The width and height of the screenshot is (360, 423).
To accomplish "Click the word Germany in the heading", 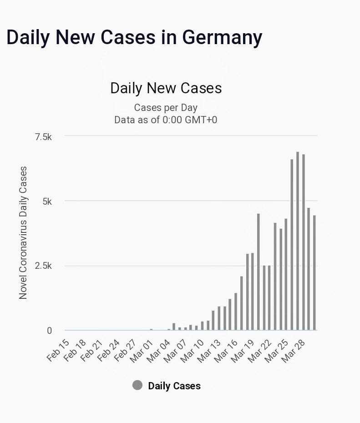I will coord(222,37).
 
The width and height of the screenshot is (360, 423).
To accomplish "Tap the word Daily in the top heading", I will coord(28,37).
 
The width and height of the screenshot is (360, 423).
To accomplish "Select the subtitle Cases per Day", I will coord(166,108).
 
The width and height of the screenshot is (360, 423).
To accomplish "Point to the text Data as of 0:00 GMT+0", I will coord(166,120).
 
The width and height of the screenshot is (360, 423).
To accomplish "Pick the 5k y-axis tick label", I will coord(47,201).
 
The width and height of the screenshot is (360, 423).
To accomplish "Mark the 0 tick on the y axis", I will coord(50,331).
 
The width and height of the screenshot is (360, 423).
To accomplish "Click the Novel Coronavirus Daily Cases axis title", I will coord(23,232).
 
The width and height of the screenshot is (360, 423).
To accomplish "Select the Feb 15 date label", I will coord(58,349).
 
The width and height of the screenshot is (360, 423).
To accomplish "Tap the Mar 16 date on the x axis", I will coord(226,349).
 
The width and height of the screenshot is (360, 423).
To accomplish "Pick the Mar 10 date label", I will coord(192,349).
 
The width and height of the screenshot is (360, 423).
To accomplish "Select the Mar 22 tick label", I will coord(259,349).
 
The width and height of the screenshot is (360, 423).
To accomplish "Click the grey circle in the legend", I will coord(137,386).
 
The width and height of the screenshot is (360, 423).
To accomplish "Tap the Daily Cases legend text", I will coord(174,386).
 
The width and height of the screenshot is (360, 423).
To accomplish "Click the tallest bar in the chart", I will coord(298,241).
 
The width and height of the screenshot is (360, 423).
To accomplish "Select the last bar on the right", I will coord(314,273).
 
